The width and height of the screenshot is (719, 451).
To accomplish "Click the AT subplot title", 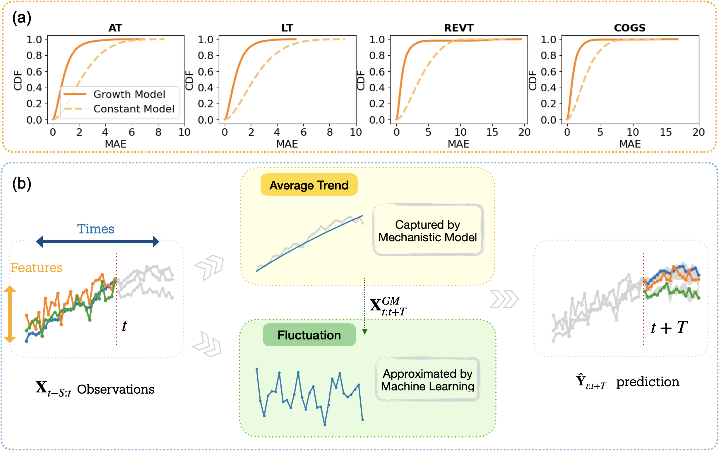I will (115, 28).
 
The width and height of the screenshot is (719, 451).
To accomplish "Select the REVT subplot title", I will (458, 28).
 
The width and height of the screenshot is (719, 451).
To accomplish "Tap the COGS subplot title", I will (630, 28).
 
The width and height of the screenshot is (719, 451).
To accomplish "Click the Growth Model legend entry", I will (129, 94).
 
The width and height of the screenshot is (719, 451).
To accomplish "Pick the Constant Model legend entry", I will (133, 109).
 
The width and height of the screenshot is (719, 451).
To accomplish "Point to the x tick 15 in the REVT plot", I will (492, 132).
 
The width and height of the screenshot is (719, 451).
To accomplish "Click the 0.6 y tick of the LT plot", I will (206, 71).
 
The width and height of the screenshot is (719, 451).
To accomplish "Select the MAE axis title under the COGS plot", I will (630, 144).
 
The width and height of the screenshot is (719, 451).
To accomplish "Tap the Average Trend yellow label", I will (309, 185).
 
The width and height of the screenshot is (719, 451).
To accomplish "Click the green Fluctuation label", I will (309, 335).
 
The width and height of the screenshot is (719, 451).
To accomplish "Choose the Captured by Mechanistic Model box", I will (428, 230).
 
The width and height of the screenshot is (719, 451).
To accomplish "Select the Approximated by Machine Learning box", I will (427, 380).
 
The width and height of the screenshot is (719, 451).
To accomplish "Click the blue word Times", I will (96, 229).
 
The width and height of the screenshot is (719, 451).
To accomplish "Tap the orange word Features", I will (36, 268).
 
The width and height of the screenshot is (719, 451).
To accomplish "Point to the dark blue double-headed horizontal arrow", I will (97, 241).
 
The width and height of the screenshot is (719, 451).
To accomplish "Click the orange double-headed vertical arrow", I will (10, 314).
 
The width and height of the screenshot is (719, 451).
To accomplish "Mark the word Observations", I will (116, 389).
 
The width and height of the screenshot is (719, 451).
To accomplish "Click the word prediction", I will (648, 382).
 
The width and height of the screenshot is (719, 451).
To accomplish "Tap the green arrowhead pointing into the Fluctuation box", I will (364, 332).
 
